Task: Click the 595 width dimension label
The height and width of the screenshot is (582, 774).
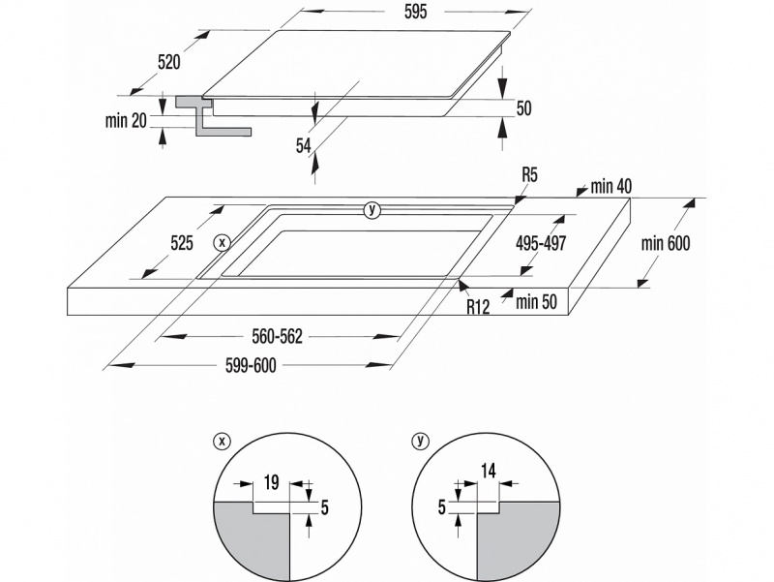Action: click(415, 12)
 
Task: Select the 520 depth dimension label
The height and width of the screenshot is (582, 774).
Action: click(168, 62)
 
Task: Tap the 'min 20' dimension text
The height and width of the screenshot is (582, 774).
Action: click(126, 120)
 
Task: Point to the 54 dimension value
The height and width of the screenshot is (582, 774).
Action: click(304, 146)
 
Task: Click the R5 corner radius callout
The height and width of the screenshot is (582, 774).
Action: click(529, 175)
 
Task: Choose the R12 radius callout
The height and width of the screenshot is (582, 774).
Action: click(478, 307)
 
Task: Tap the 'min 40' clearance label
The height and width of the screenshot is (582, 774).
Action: click(611, 186)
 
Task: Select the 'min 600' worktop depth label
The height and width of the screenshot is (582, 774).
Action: click(666, 243)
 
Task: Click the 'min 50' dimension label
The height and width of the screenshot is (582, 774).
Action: click(536, 301)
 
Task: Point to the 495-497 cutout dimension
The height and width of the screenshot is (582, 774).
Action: click(541, 243)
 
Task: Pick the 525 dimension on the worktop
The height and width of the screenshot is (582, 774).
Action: click(182, 243)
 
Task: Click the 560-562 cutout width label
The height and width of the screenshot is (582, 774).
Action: click(277, 336)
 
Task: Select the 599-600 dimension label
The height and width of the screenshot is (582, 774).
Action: click(251, 366)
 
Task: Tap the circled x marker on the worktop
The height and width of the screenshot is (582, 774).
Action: click(223, 243)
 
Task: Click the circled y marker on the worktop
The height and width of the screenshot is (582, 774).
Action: click(372, 210)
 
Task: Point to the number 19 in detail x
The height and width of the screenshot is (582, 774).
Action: click(271, 482)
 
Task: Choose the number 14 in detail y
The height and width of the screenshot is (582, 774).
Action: click(488, 472)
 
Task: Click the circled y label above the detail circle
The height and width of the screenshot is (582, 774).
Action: click(421, 441)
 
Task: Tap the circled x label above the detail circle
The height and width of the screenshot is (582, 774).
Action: click(222, 441)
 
